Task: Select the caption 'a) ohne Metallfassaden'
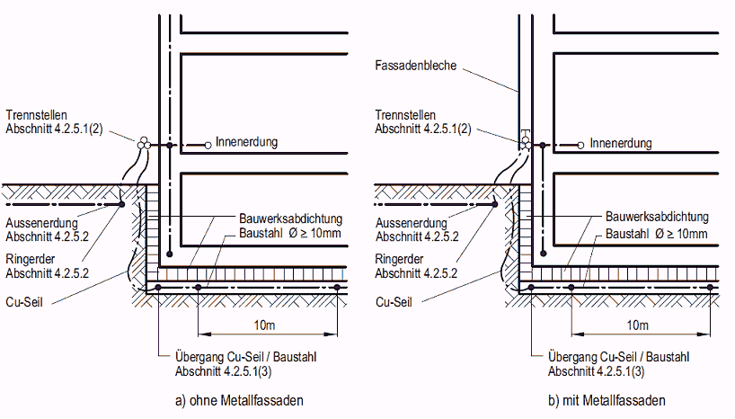[x=235, y=401]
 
